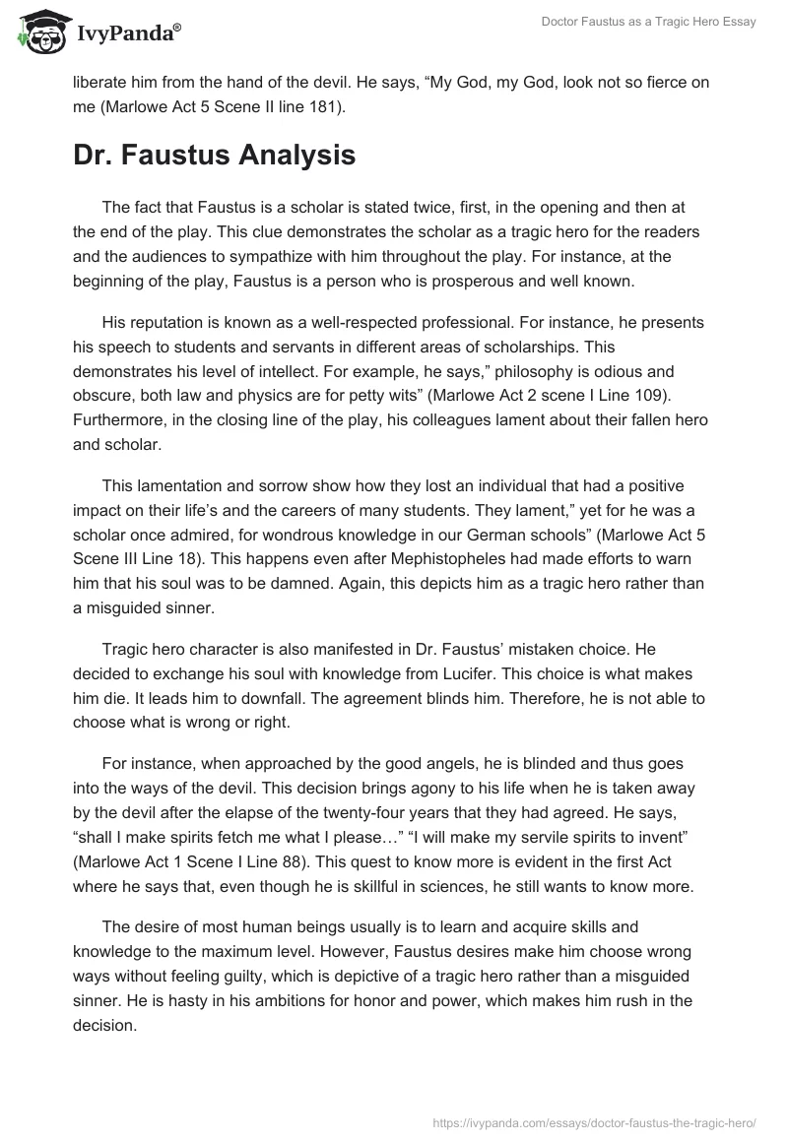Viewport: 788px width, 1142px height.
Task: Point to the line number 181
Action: (327, 106)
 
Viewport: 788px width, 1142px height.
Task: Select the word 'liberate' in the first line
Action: (102, 82)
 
